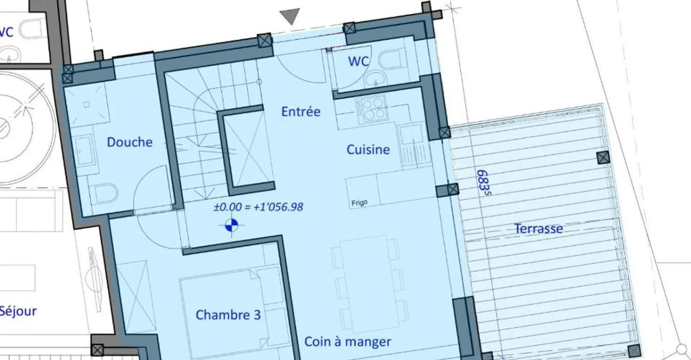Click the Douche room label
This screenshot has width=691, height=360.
130,142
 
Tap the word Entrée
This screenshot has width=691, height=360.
301,111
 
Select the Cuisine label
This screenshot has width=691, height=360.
368,150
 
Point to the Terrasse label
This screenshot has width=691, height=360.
538,228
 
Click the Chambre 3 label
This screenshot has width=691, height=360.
228,315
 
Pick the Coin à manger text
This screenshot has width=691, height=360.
347,342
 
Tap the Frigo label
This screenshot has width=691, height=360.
359,203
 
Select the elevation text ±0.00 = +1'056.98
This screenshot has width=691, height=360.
258,207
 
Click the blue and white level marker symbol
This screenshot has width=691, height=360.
231,225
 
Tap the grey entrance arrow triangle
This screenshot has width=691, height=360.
290,16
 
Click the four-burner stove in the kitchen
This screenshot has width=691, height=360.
371,109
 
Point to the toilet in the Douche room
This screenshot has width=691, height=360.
105,193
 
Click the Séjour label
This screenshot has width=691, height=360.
18,311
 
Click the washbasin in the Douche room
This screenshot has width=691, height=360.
84,151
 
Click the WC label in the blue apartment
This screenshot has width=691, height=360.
358,61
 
